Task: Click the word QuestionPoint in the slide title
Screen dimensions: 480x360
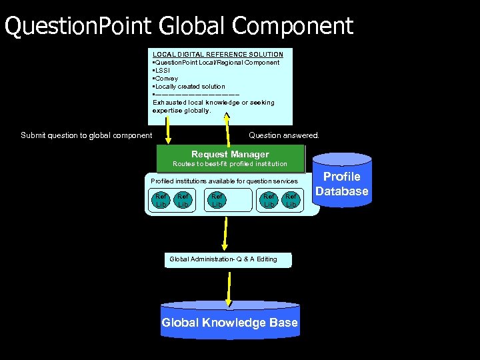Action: pos(79,26)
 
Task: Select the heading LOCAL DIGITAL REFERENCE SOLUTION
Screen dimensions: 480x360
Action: pos(218,54)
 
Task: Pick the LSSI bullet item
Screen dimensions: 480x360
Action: pos(163,70)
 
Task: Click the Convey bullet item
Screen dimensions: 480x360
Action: pos(167,78)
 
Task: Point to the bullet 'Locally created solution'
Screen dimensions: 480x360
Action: pos(190,86)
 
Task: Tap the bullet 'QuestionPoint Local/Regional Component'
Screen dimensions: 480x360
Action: pos(217,62)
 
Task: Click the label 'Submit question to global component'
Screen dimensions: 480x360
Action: pos(87,135)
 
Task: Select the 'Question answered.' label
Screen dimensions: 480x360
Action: pos(284,135)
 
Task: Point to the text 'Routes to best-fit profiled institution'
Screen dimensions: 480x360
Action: pos(230,163)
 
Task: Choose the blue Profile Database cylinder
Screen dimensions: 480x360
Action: pos(341,184)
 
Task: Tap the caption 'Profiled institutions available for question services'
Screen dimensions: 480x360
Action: pos(224,181)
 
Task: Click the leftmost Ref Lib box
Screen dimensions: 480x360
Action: pos(161,200)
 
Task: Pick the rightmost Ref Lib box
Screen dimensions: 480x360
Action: pos(291,200)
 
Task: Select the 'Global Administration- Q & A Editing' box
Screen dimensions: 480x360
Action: pos(228,259)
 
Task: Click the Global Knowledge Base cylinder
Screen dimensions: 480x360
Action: pos(230,323)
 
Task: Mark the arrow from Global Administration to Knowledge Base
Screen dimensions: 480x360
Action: pos(229,286)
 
